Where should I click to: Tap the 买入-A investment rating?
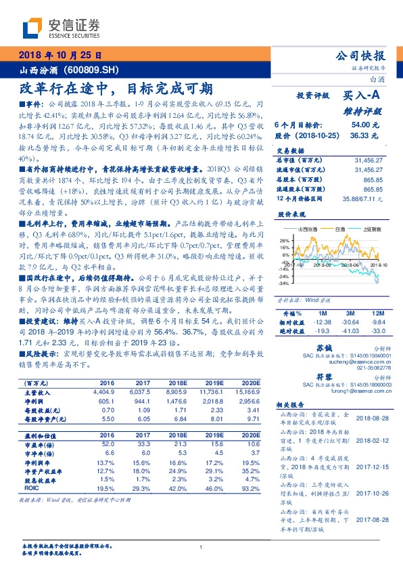(362, 97)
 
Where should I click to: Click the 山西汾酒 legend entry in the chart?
(304, 230)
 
